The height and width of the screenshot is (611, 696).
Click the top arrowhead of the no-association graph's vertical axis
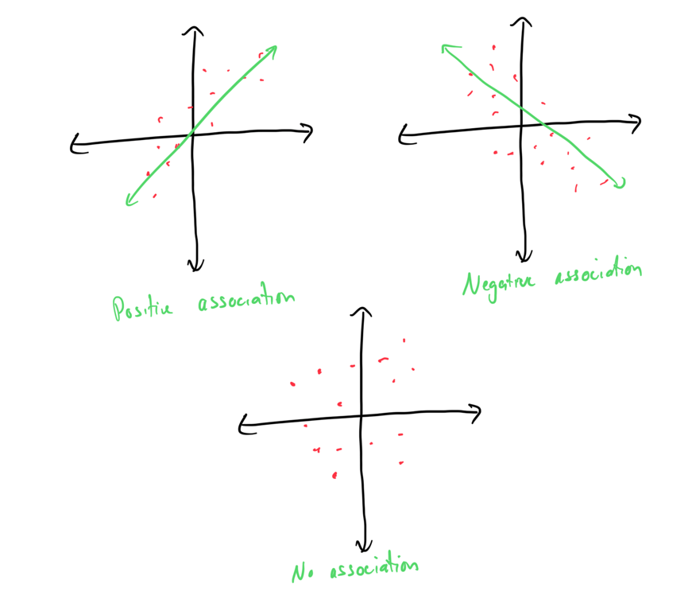click(x=363, y=313)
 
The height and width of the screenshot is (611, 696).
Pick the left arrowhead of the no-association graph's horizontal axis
click(x=242, y=427)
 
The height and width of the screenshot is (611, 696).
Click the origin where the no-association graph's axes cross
click(x=362, y=416)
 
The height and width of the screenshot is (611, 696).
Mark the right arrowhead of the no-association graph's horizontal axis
click(x=478, y=412)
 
